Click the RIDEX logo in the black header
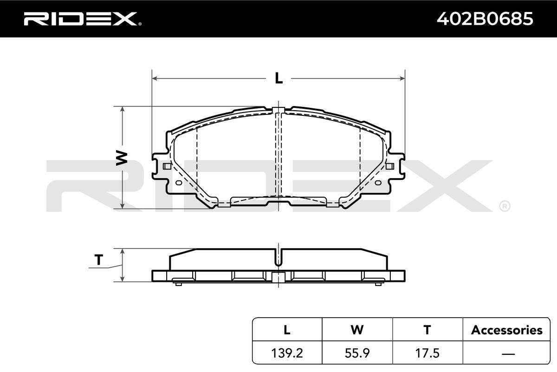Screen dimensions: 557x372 (83, 19)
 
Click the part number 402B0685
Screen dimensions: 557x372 (485, 19)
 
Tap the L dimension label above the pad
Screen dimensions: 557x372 (279, 78)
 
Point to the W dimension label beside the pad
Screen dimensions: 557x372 (122, 158)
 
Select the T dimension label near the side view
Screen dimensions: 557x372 (99, 260)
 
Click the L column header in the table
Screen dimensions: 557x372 (287, 330)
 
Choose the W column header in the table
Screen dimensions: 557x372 (357, 330)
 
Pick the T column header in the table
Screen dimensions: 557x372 (427, 330)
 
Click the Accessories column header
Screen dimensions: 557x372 (506, 330)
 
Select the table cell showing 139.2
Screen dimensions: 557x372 (287, 353)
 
